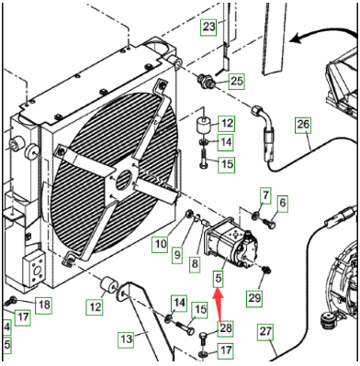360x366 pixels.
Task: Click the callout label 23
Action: click(209, 27)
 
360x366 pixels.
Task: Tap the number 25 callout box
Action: click(236, 81)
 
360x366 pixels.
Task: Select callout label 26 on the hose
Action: click(303, 125)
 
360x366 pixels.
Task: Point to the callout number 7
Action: click(265, 195)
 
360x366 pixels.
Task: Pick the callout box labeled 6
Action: click(283, 203)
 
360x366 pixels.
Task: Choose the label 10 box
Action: click(161, 244)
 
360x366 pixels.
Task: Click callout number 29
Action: click(255, 297)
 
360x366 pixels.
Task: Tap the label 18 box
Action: click(44, 305)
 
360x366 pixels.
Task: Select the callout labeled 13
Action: click(127, 339)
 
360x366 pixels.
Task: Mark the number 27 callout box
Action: click(265, 331)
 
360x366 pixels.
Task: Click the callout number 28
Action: click(226, 328)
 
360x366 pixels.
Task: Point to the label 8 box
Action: click(195, 263)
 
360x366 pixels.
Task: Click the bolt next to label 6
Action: click(268, 223)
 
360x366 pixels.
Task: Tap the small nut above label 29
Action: click(265, 270)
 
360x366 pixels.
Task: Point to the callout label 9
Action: click(177, 255)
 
